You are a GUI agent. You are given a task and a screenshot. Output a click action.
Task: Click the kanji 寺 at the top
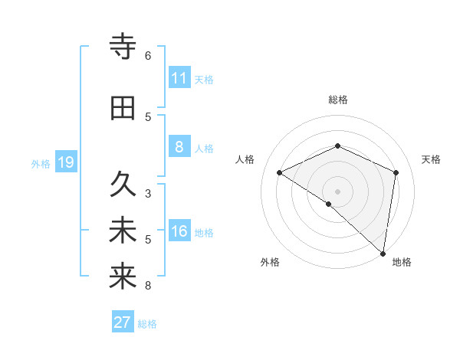[123, 47]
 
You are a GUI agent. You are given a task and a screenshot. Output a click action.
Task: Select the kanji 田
[123, 109]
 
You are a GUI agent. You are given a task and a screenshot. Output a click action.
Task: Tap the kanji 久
[123, 184]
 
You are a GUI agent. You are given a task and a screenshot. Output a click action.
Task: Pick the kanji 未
[123, 231]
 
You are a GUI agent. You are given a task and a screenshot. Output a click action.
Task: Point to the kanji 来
[123, 277]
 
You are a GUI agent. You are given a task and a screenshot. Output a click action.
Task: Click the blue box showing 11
[179, 78]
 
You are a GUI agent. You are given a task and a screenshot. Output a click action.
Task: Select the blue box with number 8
[179, 147]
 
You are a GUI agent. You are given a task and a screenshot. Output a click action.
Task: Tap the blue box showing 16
[179, 231]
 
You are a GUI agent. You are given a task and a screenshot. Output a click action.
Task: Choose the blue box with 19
[65, 162]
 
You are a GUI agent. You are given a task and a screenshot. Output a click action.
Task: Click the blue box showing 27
[123, 322]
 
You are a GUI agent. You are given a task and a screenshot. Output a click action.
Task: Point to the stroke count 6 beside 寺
[148, 56]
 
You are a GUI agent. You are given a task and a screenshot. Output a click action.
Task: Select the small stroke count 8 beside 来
[148, 286]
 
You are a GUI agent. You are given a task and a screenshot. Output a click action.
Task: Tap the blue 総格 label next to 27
[147, 324]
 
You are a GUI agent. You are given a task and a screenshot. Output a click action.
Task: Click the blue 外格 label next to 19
[41, 163]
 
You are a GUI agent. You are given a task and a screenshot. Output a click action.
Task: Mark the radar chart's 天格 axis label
[432, 159]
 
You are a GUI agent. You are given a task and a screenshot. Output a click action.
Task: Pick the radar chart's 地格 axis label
[402, 263]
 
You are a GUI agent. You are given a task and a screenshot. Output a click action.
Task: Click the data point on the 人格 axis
[280, 172]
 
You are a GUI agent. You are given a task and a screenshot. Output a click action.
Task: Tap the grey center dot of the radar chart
[337, 191]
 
